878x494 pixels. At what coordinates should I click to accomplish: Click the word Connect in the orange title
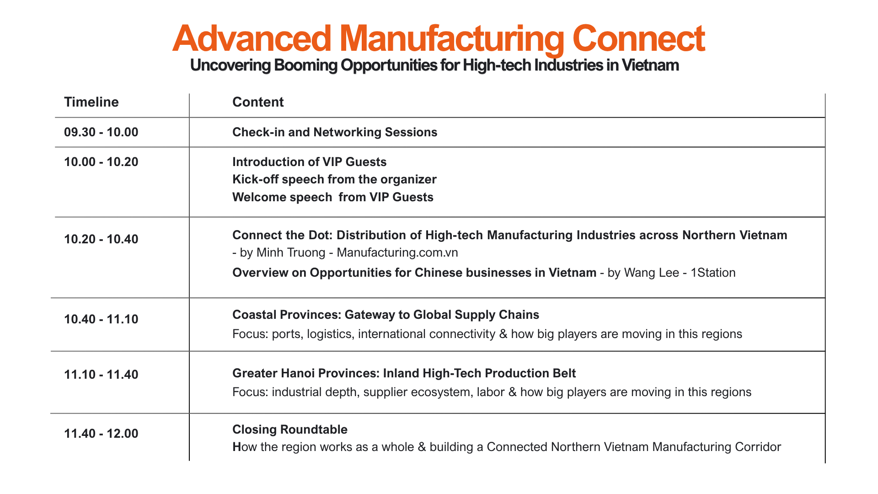638,38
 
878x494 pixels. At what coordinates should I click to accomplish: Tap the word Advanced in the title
252,38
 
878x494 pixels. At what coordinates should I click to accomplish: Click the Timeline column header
91,102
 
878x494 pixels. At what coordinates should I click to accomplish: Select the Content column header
258,102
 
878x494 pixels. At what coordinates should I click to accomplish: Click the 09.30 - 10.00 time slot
101,132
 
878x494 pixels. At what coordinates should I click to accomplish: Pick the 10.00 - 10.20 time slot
101,162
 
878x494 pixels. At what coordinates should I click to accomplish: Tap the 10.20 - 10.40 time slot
101,239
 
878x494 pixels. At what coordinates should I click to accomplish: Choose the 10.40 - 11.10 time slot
101,319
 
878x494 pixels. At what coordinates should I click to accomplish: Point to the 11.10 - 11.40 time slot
101,375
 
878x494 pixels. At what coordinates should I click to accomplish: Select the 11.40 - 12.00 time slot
101,434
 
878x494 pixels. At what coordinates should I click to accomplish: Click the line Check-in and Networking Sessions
335,133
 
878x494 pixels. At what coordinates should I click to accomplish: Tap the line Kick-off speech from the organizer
334,180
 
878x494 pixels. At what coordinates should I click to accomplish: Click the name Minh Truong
291,253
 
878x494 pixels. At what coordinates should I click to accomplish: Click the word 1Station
713,273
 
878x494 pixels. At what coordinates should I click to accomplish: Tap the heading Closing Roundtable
290,430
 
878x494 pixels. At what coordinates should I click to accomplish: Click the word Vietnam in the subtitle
650,65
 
